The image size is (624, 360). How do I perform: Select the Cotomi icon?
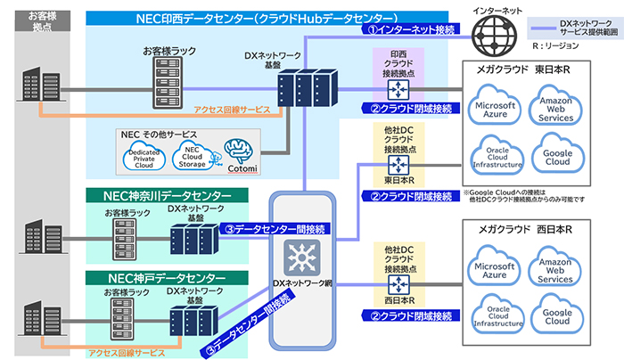(x=240, y=153)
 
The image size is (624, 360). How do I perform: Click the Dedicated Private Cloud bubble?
(x=146, y=158)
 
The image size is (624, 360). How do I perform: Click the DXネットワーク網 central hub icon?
(x=305, y=256)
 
